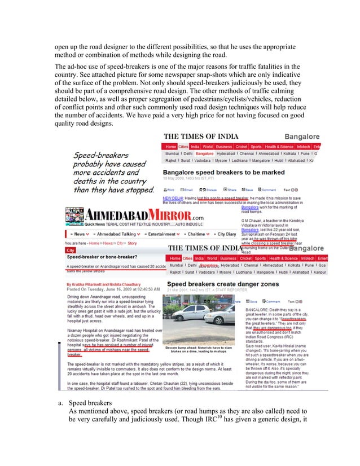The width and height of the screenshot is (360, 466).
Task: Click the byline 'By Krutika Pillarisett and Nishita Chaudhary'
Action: [107, 283]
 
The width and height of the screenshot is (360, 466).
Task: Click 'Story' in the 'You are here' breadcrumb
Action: [132, 243]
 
